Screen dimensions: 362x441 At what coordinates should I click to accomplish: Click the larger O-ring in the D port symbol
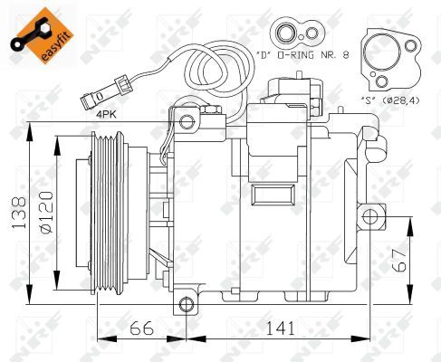click(x=287, y=35)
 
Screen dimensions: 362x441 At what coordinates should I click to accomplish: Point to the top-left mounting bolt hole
click(x=187, y=120)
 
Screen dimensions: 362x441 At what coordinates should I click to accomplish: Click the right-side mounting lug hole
click(x=369, y=214)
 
